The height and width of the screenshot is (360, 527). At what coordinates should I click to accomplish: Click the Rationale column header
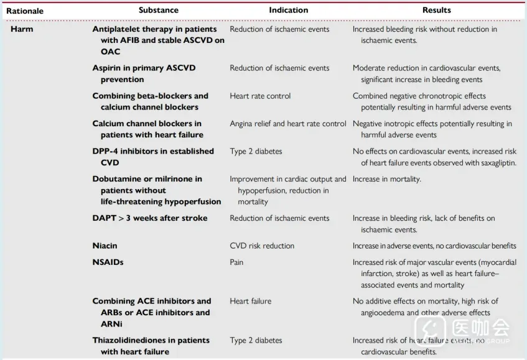[x=25, y=11]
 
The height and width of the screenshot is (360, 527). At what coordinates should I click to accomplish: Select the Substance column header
[x=158, y=10]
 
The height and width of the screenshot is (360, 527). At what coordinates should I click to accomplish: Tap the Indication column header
[x=288, y=10]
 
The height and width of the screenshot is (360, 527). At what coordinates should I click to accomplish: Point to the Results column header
[x=436, y=10]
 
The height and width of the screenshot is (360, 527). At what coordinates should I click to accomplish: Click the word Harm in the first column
[x=21, y=29]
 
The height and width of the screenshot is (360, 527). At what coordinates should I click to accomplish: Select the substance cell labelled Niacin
[x=105, y=246]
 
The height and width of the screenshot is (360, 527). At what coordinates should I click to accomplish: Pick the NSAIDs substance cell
[x=108, y=262]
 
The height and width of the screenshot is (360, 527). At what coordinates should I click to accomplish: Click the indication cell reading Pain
[x=238, y=262]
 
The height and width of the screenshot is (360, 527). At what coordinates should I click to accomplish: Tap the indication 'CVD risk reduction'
[x=262, y=246]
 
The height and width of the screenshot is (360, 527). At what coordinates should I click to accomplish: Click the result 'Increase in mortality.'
[x=386, y=179]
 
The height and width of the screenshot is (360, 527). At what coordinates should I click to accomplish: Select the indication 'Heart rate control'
[x=260, y=96]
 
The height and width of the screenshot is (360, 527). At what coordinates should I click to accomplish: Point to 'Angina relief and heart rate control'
[x=287, y=124]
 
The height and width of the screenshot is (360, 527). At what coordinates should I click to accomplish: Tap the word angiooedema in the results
[x=383, y=313]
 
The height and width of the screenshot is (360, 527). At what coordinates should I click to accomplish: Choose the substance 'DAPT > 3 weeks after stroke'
[x=150, y=218]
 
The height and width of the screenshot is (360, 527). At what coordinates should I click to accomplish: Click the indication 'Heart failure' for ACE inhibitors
[x=250, y=301]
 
